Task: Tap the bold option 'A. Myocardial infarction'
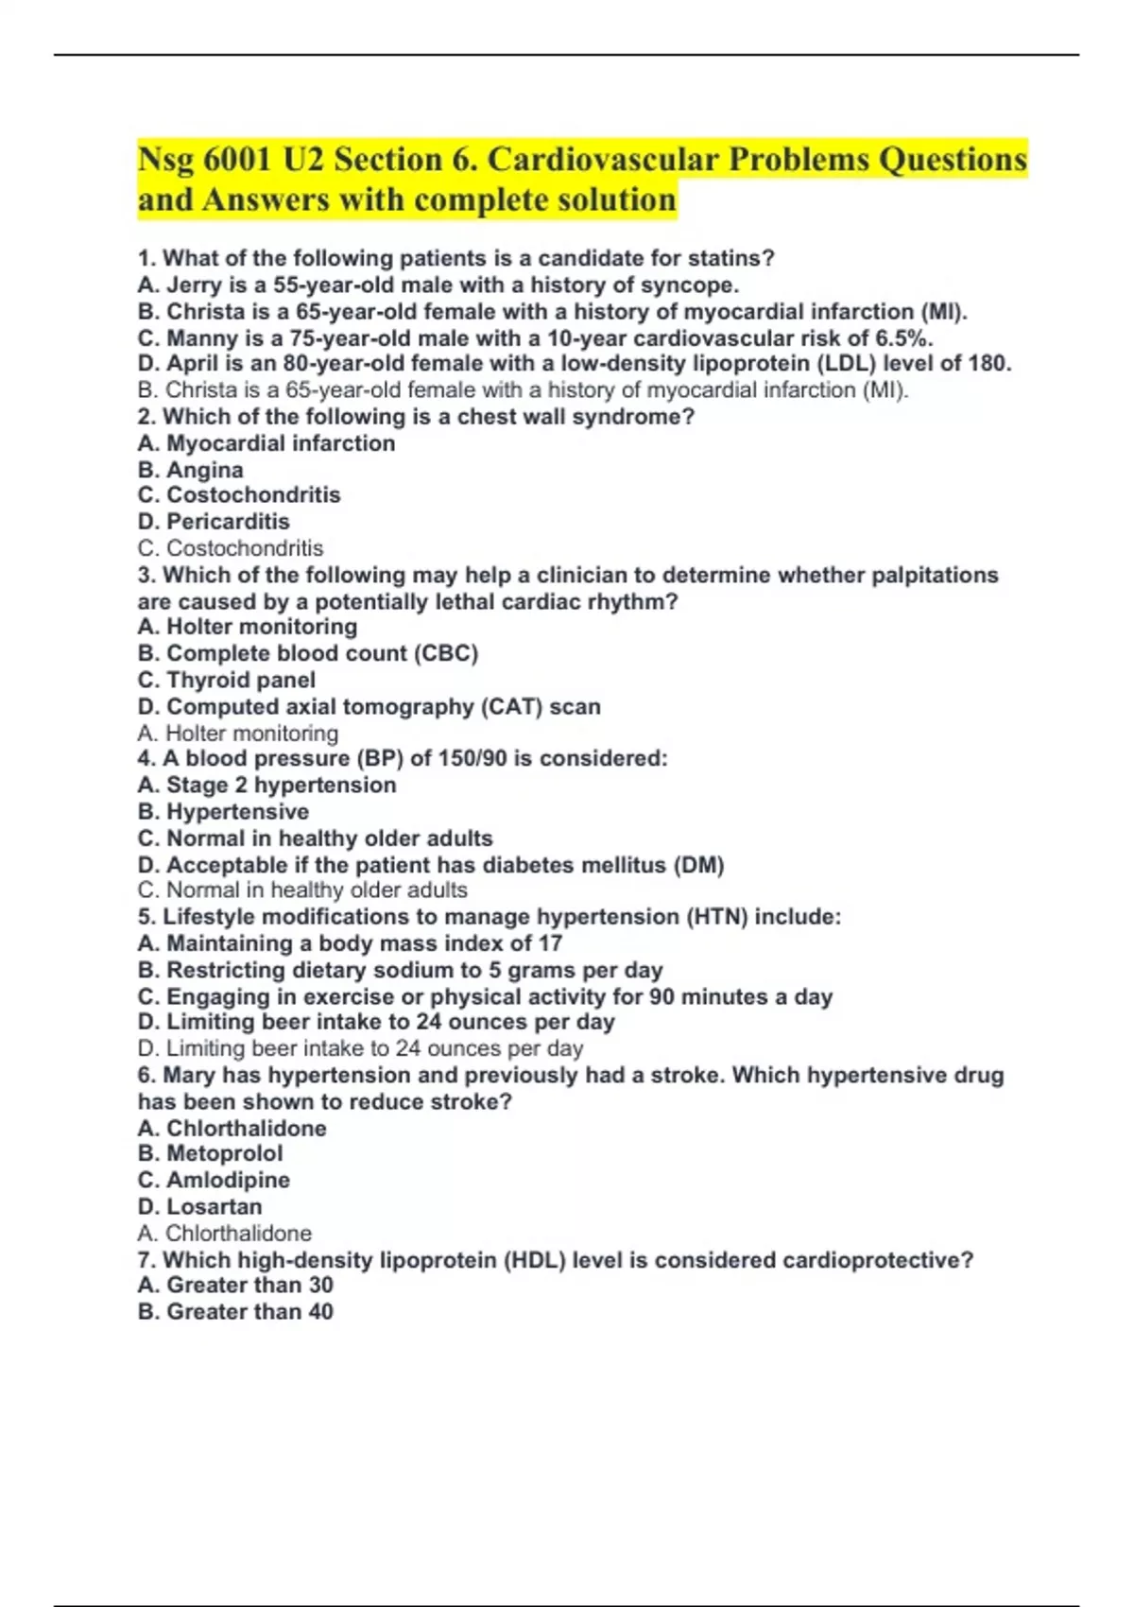[266, 443]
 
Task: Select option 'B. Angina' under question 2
[190, 470]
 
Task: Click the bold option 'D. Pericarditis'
[214, 522]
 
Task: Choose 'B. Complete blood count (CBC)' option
[308, 653]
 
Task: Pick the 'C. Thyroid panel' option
[227, 680]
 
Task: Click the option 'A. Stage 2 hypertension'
[266, 785]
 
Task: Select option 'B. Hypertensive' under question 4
[223, 811]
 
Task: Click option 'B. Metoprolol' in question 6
[210, 1153]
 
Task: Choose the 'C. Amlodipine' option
[214, 1180]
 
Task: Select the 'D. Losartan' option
[199, 1206]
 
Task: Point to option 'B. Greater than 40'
[235, 1311]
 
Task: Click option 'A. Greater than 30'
[235, 1285]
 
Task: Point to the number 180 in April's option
[989, 364]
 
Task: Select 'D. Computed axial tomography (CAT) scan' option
[369, 706]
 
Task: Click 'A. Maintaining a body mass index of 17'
[350, 943]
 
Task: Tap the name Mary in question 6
[189, 1075]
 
